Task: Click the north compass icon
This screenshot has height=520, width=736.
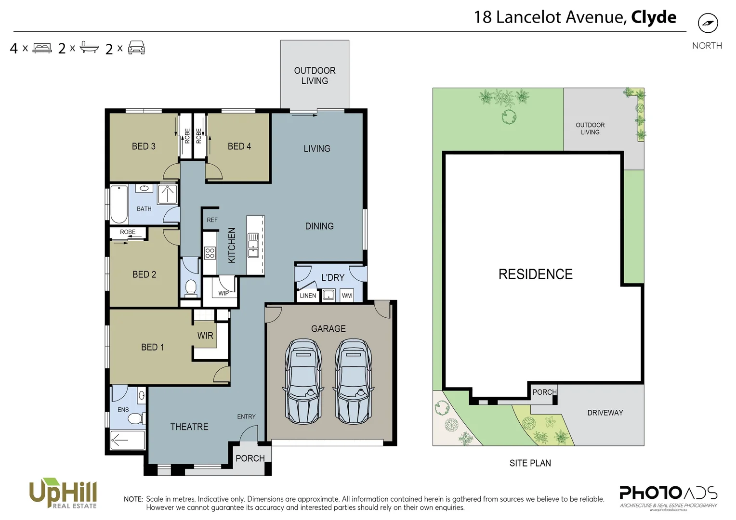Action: [x=708, y=23]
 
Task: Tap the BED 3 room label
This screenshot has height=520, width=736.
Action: [x=144, y=146]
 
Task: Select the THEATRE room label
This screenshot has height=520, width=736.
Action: [x=189, y=427]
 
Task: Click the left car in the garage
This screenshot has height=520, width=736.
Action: [x=303, y=381]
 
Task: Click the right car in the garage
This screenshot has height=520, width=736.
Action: [x=353, y=381]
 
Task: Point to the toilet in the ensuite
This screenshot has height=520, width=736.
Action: [x=137, y=417]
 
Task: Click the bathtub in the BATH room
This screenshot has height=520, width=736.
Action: [x=118, y=204]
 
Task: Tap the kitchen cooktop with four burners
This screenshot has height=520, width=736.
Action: [x=210, y=253]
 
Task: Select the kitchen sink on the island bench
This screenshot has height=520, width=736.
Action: [x=253, y=245]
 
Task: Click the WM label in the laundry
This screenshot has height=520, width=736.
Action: [x=347, y=296]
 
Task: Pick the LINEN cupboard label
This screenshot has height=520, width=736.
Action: [x=308, y=296]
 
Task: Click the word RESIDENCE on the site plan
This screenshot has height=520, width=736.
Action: [x=535, y=274]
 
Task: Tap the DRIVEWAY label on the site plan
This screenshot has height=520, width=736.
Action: [x=605, y=413]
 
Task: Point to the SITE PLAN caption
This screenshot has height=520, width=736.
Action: [x=530, y=463]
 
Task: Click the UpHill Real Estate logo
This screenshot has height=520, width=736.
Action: [x=63, y=493]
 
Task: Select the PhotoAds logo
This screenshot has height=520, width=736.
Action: [x=668, y=495]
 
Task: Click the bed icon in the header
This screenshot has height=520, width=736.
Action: [x=42, y=48]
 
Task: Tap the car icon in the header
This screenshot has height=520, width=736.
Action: [x=136, y=48]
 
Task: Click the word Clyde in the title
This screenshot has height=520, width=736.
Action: [x=654, y=17]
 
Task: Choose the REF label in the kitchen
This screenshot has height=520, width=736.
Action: [x=212, y=220]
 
